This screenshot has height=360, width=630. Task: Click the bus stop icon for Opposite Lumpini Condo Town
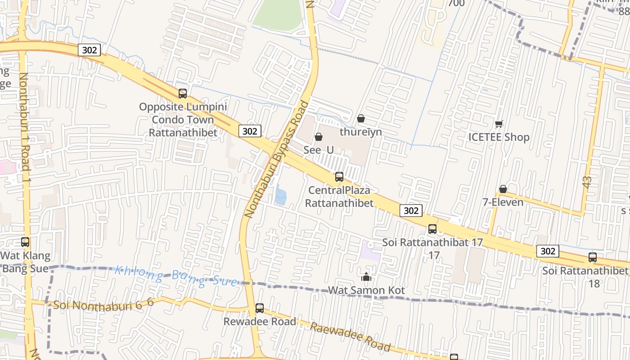(x=182, y=94)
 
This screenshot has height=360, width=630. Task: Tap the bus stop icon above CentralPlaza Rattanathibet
(x=339, y=177)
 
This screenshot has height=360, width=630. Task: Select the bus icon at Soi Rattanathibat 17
(x=432, y=229)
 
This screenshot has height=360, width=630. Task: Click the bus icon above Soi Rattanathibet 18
(x=593, y=257)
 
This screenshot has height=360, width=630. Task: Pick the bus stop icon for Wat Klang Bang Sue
(x=25, y=242)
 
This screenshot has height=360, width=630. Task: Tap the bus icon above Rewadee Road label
(x=260, y=308)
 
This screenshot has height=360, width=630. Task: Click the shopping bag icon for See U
(x=319, y=136)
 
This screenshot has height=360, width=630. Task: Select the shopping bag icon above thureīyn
(x=360, y=118)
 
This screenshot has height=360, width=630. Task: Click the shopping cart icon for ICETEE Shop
(x=499, y=124)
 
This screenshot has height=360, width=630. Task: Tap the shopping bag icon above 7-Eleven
(x=503, y=189)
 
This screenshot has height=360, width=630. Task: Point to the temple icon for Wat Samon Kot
(x=366, y=277)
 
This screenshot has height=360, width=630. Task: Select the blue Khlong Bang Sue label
(x=176, y=276)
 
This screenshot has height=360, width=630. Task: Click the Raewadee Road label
(x=350, y=336)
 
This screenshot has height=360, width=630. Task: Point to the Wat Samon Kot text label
(x=366, y=290)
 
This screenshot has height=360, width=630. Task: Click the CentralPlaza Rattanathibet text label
(x=339, y=197)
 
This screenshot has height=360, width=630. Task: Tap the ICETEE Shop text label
(x=499, y=137)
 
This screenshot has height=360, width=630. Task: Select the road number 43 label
(x=587, y=182)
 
